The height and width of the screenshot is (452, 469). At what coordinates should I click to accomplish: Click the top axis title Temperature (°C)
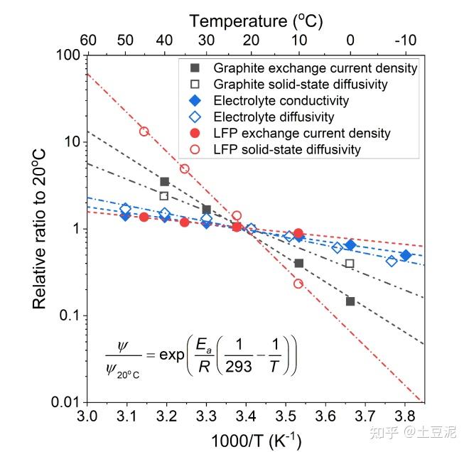coord(256,21)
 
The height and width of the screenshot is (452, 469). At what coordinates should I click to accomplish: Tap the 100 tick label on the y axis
coord(68,55)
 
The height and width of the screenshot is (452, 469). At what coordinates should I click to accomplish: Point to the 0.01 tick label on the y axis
coord(64,403)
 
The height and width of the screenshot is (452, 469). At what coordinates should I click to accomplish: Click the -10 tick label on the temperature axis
coord(405,41)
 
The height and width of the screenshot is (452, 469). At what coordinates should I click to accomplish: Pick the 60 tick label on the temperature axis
coord(87,41)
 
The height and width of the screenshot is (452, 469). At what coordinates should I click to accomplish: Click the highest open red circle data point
coord(144,131)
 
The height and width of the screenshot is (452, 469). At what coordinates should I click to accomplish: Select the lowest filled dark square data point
coord(350,301)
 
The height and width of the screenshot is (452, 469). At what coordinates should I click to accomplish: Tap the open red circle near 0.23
coord(298,284)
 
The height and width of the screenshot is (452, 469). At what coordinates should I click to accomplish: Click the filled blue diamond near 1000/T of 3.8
coord(406,255)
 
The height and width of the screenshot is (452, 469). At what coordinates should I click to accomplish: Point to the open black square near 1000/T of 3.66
coord(350,264)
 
